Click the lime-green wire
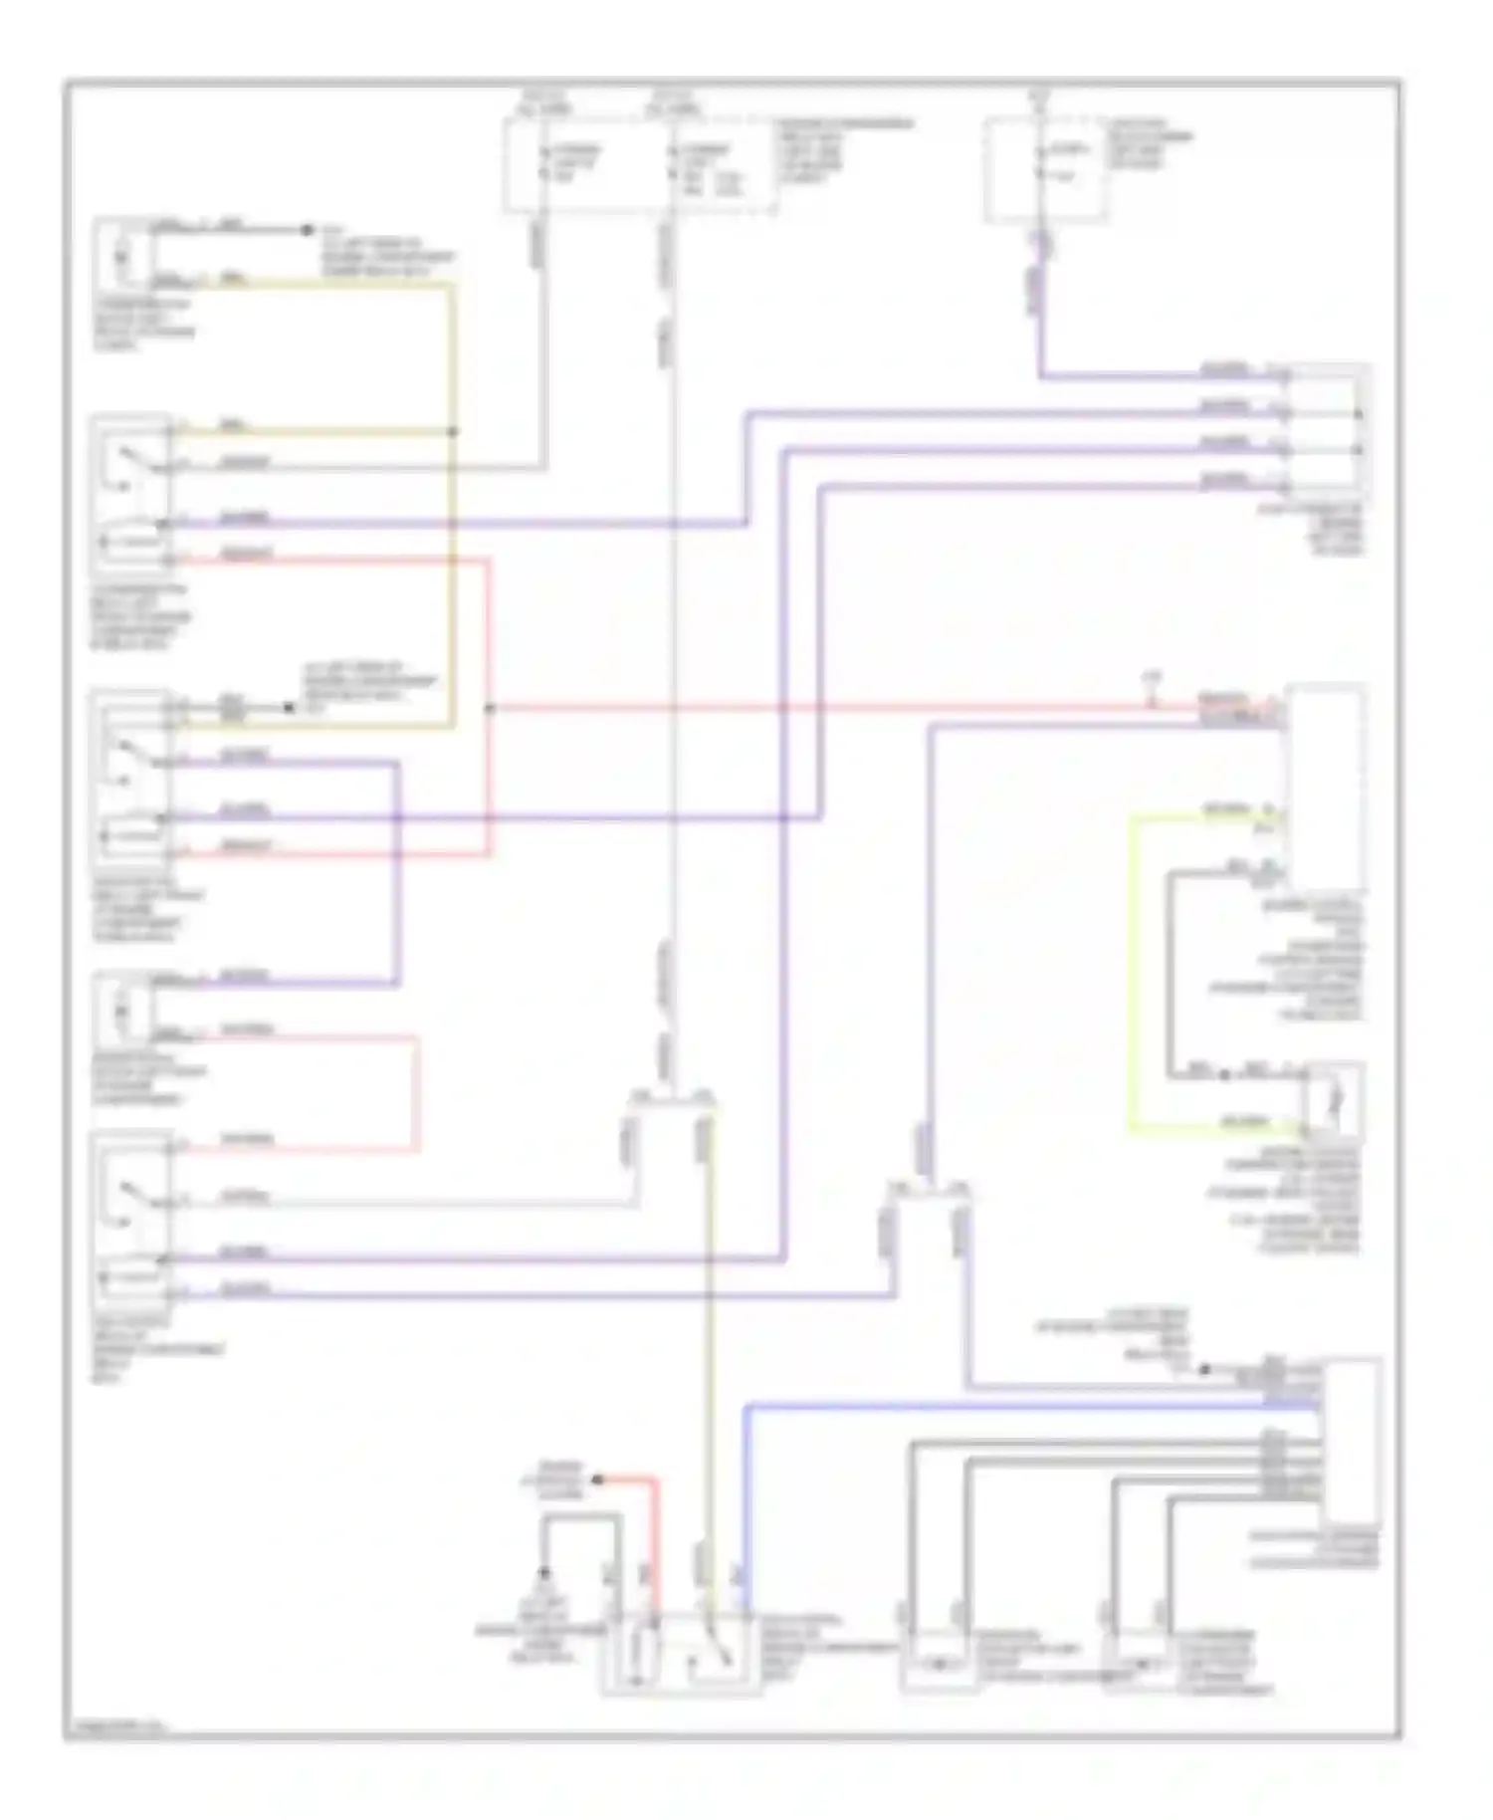[x=1131, y=976]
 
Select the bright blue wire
[x=746, y=1493]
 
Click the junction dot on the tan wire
[x=454, y=432]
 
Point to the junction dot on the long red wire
[x=489, y=709]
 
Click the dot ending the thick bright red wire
[x=598, y=1480]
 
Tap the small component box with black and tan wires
[x=122, y=255]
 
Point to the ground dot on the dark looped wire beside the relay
[x=544, y=1573]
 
